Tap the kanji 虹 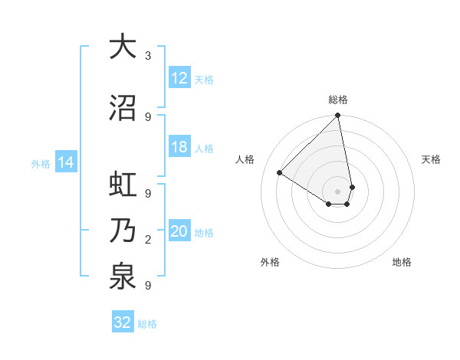coord(123,185)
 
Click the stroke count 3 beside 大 coord(147,56)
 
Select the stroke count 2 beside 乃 coord(147,240)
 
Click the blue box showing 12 coord(179,78)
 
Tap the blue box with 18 coord(179,148)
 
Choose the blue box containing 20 coord(179,232)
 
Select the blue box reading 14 coord(66,162)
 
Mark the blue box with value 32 coord(123,322)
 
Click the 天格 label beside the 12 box coord(203,79)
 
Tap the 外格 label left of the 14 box coord(41,163)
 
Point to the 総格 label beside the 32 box coord(147,323)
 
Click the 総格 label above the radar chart coord(338,100)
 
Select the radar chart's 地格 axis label coord(402,262)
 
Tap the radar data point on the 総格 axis coord(338,116)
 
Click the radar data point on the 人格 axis coord(280,173)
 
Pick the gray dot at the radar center coord(338,191)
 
